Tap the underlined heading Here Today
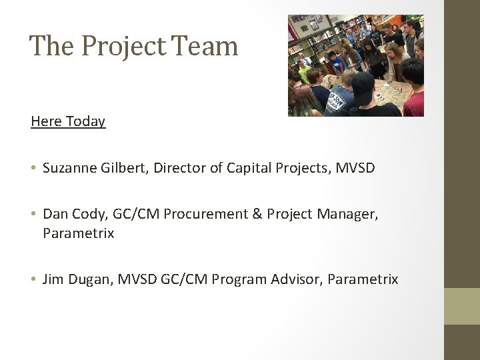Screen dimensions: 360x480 coord(68,121)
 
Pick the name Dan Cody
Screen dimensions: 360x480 coord(69,214)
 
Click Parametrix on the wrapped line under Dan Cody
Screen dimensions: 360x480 coord(79,233)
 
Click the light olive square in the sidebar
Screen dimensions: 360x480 coord(462,306)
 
